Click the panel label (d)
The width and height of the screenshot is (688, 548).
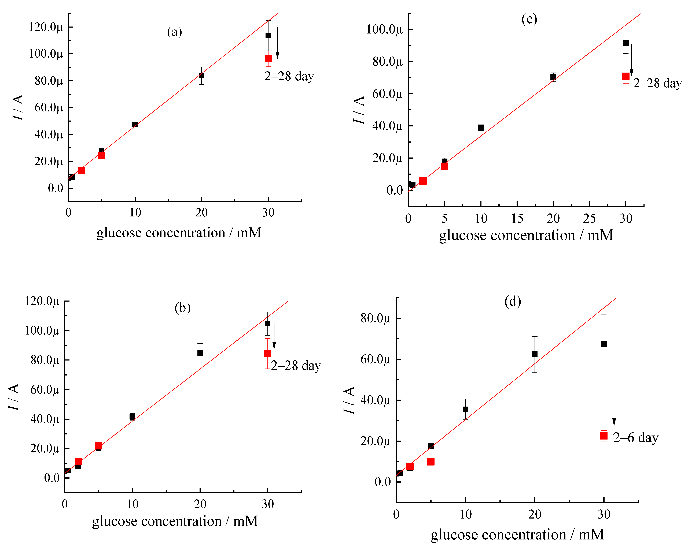(513, 301)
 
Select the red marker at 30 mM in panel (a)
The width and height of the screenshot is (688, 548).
(268, 59)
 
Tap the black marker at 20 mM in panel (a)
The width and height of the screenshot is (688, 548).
(201, 76)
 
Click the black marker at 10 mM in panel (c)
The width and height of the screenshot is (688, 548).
(481, 127)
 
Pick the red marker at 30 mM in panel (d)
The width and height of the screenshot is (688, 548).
(604, 436)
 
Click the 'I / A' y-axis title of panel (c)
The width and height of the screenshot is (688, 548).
(359, 110)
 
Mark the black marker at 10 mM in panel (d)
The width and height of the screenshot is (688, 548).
(465, 409)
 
